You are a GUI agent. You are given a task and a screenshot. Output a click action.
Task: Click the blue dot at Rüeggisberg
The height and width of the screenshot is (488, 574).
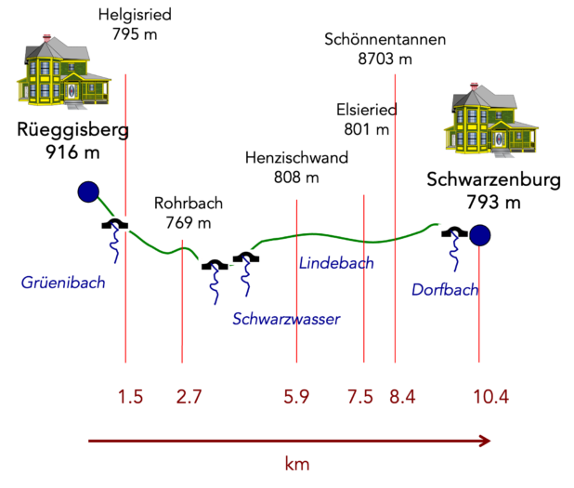(x=88, y=191)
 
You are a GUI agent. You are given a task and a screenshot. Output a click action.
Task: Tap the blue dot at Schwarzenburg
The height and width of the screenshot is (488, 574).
(x=479, y=235)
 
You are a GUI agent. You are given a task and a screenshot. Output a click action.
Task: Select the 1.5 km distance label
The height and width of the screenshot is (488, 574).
(x=130, y=397)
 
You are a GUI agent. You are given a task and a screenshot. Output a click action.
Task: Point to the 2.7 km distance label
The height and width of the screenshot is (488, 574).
(x=189, y=397)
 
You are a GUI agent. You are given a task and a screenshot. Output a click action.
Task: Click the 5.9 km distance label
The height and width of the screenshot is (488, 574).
(x=296, y=397)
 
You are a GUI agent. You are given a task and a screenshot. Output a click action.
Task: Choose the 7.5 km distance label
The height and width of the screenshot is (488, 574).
(x=360, y=397)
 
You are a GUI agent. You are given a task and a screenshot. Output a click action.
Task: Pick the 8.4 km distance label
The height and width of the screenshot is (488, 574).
(x=402, y=397)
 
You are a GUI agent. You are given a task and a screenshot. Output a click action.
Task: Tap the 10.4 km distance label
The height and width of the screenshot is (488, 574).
(x=491, y=397)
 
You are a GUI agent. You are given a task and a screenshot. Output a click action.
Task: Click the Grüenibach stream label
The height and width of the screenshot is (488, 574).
(x=63, y=283)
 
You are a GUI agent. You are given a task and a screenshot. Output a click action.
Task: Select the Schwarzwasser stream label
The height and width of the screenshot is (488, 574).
(x=286, y=319)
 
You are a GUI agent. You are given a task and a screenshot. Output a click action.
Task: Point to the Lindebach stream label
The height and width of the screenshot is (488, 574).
(x=336, y=263)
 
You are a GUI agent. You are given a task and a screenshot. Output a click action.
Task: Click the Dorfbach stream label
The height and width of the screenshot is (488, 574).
(x=445, y=289)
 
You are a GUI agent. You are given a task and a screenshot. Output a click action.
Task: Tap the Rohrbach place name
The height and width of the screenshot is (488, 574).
(x=189, y=203)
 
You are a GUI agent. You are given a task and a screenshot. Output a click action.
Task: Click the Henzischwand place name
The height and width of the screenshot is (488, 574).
(x=296, y=157)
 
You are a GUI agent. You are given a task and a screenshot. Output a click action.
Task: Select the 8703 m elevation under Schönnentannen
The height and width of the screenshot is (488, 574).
(x=385, y=59)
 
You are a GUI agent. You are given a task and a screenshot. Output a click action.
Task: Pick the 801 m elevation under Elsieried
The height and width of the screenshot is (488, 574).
(x=367, y=129)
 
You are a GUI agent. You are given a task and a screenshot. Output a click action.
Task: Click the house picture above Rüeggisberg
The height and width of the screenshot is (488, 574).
(x=64, y=72)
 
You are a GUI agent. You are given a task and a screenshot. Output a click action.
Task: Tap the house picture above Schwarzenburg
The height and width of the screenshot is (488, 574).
(x=491, y=120)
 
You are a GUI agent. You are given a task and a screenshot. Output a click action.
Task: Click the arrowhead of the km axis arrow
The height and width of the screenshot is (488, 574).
(x=485, y=442)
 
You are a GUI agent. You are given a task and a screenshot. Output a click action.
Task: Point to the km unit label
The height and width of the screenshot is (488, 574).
(x=297, y=464)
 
